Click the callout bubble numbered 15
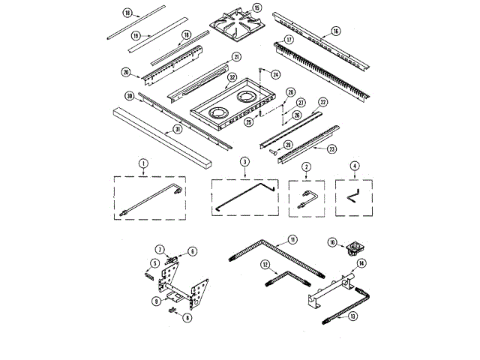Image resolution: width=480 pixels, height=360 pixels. tap(257, 7)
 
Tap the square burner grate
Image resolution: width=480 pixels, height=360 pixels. tap(234, 22)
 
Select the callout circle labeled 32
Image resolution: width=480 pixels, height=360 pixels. tap(232, 77)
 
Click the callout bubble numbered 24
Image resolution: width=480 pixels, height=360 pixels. tap(275, 75)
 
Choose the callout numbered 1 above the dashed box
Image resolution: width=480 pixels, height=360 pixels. tap(142, 162)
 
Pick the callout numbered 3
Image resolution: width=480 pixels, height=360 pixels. tap(244, 162)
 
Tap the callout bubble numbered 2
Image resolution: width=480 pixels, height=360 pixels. tap(307, 166)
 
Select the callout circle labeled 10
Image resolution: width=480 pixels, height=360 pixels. tap(332, 241)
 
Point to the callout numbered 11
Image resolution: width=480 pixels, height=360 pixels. tap(292, 239)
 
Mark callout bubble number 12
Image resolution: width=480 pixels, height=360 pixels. tap(265, 265)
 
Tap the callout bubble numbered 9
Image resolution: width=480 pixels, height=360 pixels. tap(155, 301)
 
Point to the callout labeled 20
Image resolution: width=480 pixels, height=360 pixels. tap(126, 73)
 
